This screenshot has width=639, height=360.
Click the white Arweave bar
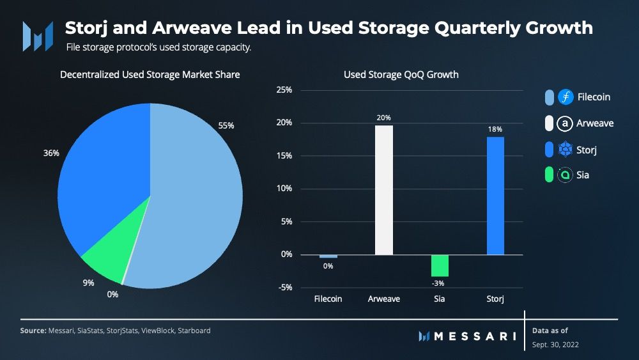(x=384, y=190)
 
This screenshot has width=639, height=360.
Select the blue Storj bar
(x=496, y=196)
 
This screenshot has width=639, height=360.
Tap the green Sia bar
(x=440, y=266)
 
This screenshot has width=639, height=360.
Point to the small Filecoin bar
(x=328, y=256)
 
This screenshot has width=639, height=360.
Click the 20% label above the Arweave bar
(x=383, y=118)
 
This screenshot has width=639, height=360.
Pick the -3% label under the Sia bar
(x=438, y=283)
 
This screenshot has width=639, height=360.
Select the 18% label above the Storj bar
(x=495, y=129)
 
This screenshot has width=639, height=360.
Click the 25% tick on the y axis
(x=284, y=90)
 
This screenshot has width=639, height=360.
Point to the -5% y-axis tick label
(x=285, y=288)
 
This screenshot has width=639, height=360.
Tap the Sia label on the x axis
(x=440, y=299)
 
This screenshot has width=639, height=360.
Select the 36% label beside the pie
(x=51, y=153)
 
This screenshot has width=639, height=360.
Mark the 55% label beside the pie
(x=226, y=125)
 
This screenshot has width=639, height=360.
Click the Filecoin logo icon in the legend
(x=566, y=97)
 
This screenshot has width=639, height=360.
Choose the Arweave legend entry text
(x=595, y=123)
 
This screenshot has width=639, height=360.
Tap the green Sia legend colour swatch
(x=549, y=175)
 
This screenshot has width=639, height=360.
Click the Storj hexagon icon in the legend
(x=566, y=149)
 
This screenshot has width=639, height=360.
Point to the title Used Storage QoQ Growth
(x=401, y=75)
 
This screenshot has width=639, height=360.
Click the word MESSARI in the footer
(x=475, y=336)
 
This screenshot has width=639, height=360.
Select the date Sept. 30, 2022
(x=555, y=345)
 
